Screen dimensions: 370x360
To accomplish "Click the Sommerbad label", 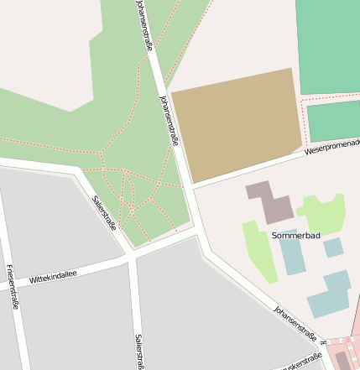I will pyautogui.click(x=296, y=236).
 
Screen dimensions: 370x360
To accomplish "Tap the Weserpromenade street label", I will pyautogui.click(x=331, y=148).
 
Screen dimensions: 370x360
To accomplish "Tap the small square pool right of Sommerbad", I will pyautogui.click(x=333, y=248).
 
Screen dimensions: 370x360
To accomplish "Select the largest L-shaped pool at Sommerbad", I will pyautogui.click(x=330, y=293).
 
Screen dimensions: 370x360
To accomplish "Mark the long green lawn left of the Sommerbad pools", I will pyautogui.click(x=260, y=251).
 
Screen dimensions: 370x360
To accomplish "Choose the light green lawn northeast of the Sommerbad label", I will pyautogui.click(x=322, y=213).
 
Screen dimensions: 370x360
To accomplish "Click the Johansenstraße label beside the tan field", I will pyautogui.click(x=169, y=120).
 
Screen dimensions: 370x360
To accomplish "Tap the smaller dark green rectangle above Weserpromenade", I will pyautogui.click(x=334, y=121).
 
